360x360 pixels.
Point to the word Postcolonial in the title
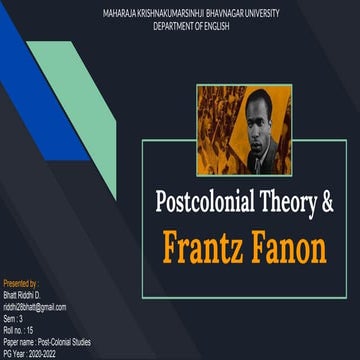coord(206,200)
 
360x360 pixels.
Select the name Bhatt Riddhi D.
coord(23,295)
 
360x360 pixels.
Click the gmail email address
coord(35,305)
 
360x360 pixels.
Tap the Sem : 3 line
coord(15,315)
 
